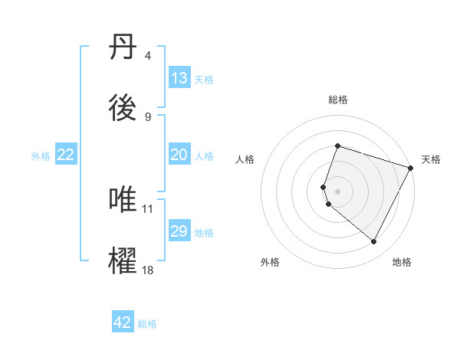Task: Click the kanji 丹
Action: pyautogui.click(x=124, y=47)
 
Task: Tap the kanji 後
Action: pyautogui.click(x=124, y=110)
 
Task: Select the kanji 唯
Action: pyautogui.click(x=124, y=201)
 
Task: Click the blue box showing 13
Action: pyautogui.click(x=179, y=78)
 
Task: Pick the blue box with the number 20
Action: pyautogui.click(x=179, y=155)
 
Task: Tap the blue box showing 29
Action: pyautogui.click(x=179, y=231)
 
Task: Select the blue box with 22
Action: pyautogui.click(x=66, y=155)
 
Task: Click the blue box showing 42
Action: pyautogui.click(x=123, y=322)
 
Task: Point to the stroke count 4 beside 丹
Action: pyautogui.click(x=148, y=56)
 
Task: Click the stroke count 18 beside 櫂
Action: pyautogui.click(x=148, y=270)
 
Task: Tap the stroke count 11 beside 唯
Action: pyautogui.click(x=148, y=208)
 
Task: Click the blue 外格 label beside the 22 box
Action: pyautogui.click(x=41, y=155)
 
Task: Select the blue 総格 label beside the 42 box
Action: pyautogui.click(x=147, y=323)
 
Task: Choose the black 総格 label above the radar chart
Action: pyautogui.click(x=337, y=100)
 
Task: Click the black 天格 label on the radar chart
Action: pyautogui.click(x=431, y=159)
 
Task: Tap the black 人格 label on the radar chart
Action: pyautogui.click(x=245, y=159)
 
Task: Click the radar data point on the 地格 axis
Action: pyautogui.click(x=374, y=242)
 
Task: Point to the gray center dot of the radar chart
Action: pyautogui.click(x=337, y=191)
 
